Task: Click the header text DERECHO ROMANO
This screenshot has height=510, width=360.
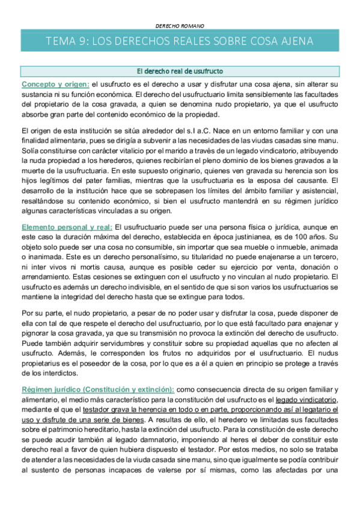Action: [180, 26]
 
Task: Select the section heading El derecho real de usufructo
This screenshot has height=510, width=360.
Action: [180, 71]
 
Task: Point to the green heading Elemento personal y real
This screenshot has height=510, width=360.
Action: [66, 227]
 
